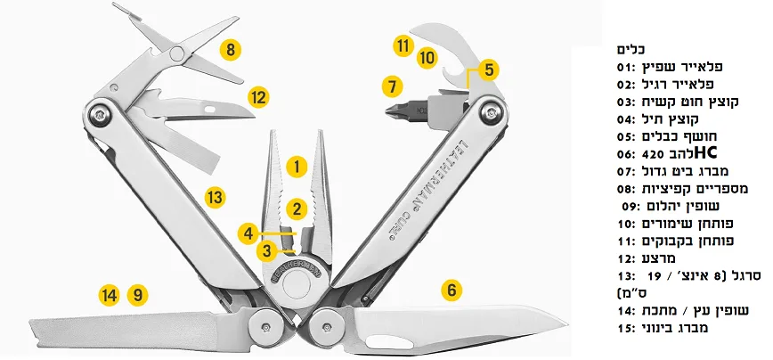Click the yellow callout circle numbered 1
pos(297,165)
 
